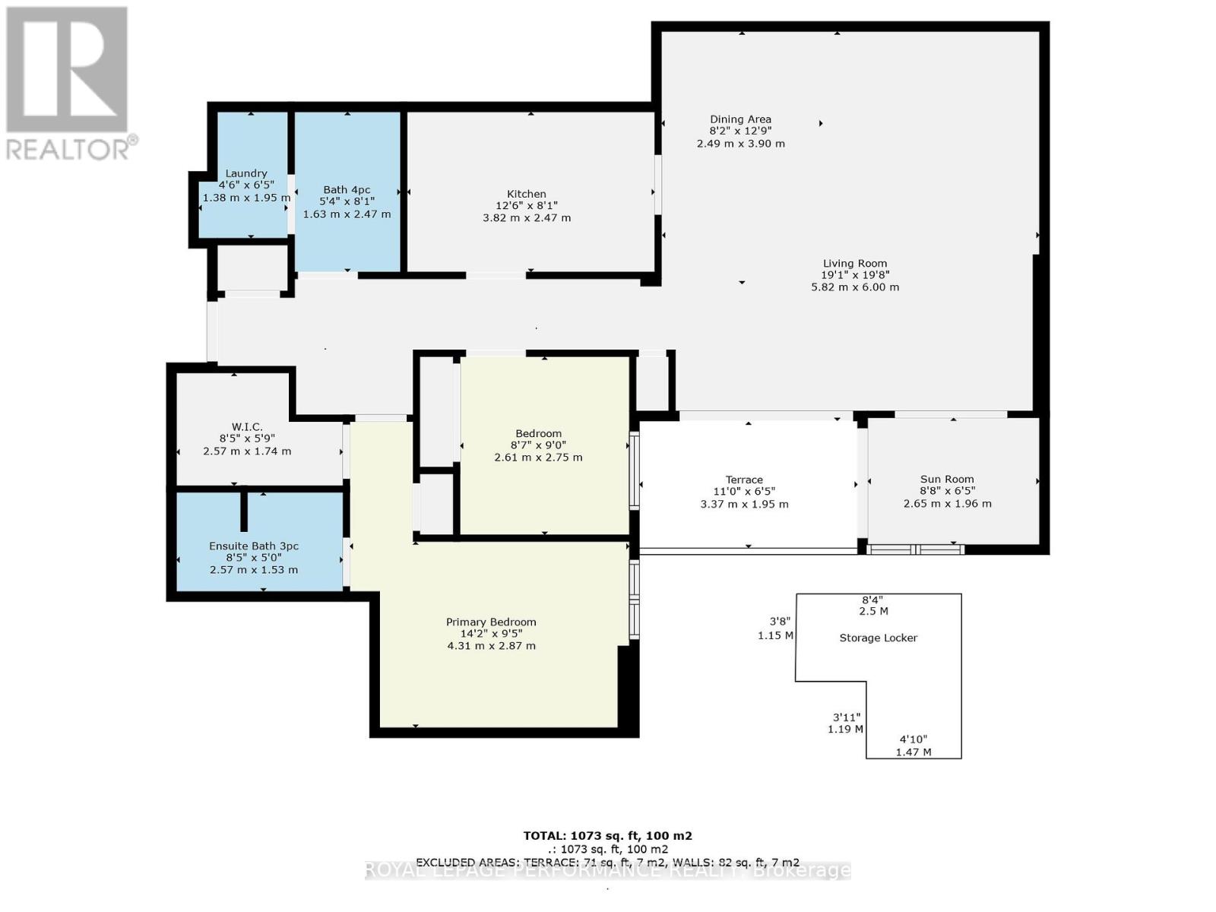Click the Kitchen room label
(x=526, y=194)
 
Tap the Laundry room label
(x=246, y=173)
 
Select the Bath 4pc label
(x=347, y=190)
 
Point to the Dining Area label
(x=741, y=119)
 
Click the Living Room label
(x=855, y=264)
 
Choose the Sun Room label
(x=947, y=480)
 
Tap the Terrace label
(x=744, y=480)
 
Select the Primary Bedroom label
(x=491, y=622)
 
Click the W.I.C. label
(x=247, y=427)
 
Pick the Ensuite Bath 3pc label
(x=254, y=546)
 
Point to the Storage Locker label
(x=878, y=638)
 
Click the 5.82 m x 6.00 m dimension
(x=855, y=287)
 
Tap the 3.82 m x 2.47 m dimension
(x=527, y=218)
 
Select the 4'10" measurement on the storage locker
(x=913, y=739)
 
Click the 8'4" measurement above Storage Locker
(x=872, y=600)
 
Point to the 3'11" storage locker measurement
(x=845, y=717)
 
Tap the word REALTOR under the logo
(x=68, y=150)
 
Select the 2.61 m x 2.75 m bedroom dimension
(x=538, y=458)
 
